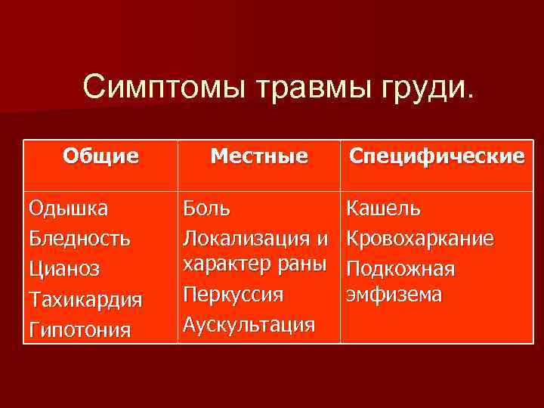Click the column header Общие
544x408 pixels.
[x=100, y=156]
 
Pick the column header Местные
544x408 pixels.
[x=259, y=156]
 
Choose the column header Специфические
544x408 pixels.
[x=436, y=156]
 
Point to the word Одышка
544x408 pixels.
[x=68, y=208]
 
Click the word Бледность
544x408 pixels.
[x=79, y=238]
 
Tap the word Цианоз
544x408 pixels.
[x=64, y=269]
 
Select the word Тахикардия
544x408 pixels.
[x=85, y=300]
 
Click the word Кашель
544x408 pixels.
[x=384, y=208]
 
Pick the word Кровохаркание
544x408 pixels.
[x=420, y=239]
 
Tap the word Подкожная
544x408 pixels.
[x=400, y=269]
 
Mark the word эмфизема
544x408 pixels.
[x=394, y=295]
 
